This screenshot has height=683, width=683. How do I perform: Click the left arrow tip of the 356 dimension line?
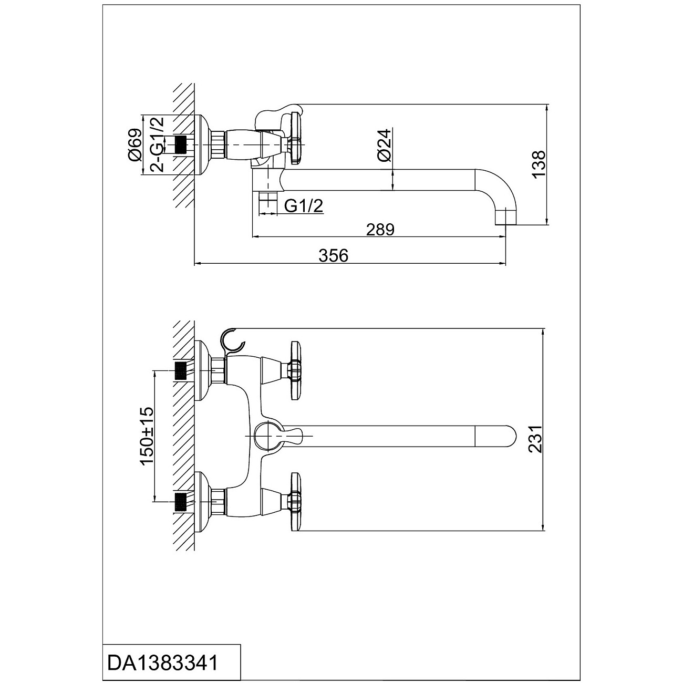point(195,263)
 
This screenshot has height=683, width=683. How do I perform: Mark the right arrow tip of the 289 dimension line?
point(505,236)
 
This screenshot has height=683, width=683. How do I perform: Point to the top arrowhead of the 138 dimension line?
point(548,105)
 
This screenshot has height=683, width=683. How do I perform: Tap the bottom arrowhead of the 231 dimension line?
point(544,541)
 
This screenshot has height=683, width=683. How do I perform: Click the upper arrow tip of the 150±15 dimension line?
point(155,371)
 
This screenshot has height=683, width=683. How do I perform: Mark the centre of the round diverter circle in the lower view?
point(268,436)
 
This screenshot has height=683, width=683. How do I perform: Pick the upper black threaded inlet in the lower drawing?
point(181,371)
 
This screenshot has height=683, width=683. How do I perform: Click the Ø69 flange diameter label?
point(135,145)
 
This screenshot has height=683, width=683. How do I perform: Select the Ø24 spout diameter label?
point(384,146)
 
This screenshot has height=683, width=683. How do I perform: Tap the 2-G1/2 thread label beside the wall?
point(158,144)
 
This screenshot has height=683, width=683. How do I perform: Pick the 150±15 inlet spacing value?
point(148,436)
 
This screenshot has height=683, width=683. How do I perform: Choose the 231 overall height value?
point(536,439)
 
